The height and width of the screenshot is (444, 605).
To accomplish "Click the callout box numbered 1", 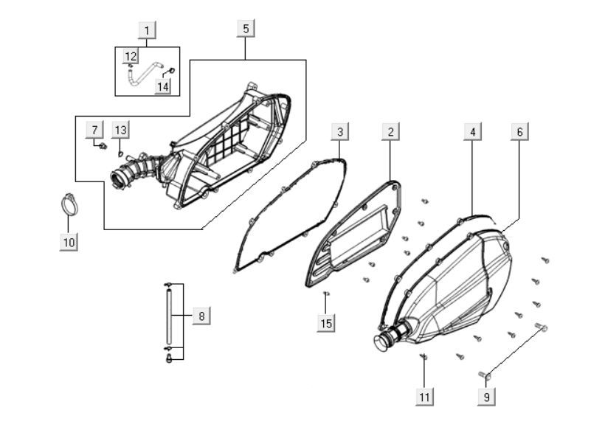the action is (147, 30).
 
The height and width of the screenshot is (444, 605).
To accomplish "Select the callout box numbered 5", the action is (246, 29).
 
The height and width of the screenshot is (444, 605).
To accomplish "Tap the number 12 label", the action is (131, 56).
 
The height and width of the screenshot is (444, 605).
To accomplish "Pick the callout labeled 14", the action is (163, 86).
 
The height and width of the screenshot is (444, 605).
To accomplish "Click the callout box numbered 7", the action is (94, 129).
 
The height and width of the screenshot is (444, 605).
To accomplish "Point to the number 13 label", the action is (121, 130).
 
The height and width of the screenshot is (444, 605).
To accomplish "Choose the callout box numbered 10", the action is (69, 242).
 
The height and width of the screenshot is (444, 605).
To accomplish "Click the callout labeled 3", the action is (340, 131).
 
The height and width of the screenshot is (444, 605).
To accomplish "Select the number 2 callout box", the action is (390, 131).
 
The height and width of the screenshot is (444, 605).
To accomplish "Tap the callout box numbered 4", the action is (473, 131).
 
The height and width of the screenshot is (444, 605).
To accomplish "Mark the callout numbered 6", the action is (519, 131).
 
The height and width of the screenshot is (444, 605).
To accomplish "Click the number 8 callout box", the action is (201, 316).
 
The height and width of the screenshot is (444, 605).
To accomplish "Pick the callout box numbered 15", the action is (326, 323).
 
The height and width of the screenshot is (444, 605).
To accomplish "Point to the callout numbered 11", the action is (424, 397).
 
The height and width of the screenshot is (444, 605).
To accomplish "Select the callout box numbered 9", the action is (486, 397).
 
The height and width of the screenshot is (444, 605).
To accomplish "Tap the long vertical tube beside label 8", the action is (168, 317).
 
